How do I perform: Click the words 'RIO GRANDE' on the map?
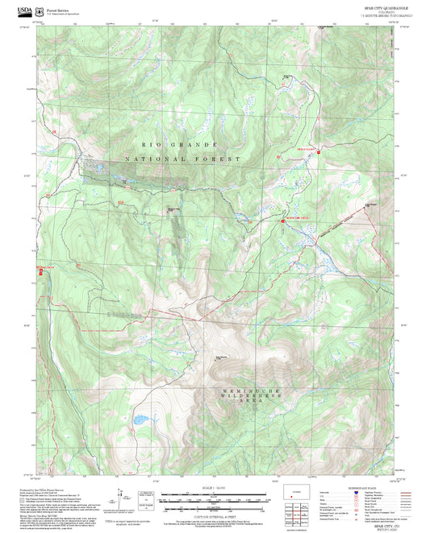pos(169,144)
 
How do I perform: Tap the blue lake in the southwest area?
pos(142,419)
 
